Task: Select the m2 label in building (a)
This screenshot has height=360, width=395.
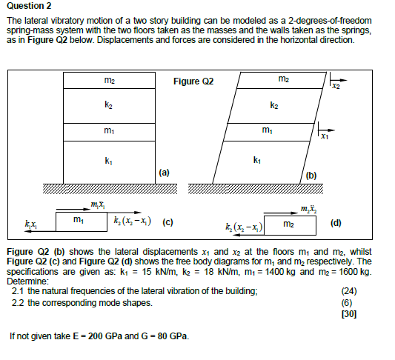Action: [110, 79]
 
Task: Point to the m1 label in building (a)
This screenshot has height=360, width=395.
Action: [110, 132]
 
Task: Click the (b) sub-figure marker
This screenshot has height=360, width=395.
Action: [311, 175]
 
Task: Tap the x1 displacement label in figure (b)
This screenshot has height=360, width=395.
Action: [324, 138]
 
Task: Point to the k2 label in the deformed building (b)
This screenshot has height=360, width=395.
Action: [274, 106]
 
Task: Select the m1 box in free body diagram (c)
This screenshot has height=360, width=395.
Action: [78, 221]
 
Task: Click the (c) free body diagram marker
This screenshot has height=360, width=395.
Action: [168, 221]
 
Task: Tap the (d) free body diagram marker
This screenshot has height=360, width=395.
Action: [336, 221]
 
